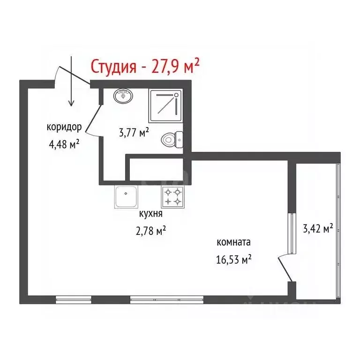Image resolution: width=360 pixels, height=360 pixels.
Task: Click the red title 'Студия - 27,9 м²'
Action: (x=145, y=67)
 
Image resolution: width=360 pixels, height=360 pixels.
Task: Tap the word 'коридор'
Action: (x=64, y=127)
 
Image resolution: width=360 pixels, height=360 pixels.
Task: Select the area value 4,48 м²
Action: (x=64, y=144)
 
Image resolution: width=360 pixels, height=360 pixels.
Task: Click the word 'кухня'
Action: (x=151, y=214)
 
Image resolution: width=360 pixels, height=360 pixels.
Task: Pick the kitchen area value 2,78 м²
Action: (x=151, y=231)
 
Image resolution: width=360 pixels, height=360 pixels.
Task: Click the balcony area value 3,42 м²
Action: (x=318, y=229)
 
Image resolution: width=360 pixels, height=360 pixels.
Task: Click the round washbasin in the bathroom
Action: (x=123, y=96)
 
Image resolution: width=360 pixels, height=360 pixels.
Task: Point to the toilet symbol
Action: (x=172, y=139)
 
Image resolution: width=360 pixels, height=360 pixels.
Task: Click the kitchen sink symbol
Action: (x=127, y=197)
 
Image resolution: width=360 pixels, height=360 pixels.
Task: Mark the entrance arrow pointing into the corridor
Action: (x=71, y=82)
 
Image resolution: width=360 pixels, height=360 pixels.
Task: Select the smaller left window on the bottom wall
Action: (x=74, y=300)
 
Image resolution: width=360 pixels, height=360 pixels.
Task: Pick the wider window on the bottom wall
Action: (x=166, y=300)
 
